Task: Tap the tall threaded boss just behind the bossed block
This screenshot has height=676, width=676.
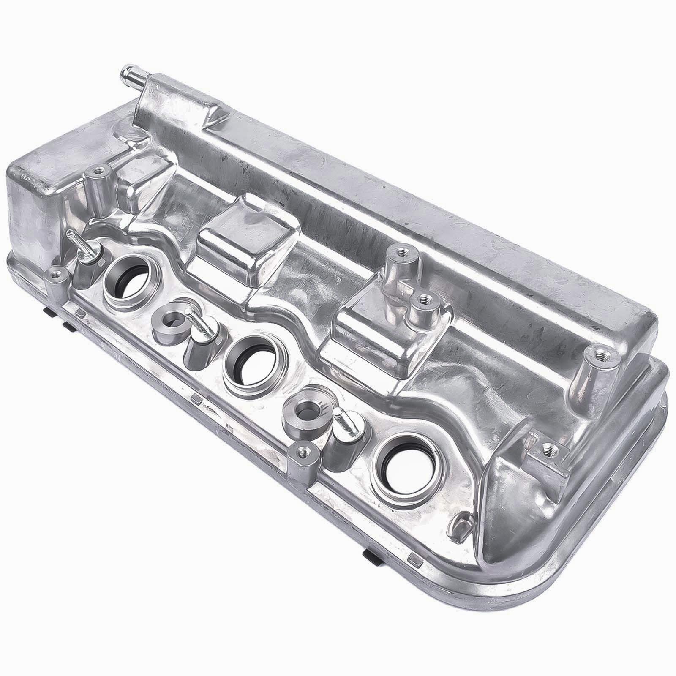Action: tap(399, 254)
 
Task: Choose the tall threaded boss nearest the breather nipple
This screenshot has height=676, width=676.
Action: tap(97, 172)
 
